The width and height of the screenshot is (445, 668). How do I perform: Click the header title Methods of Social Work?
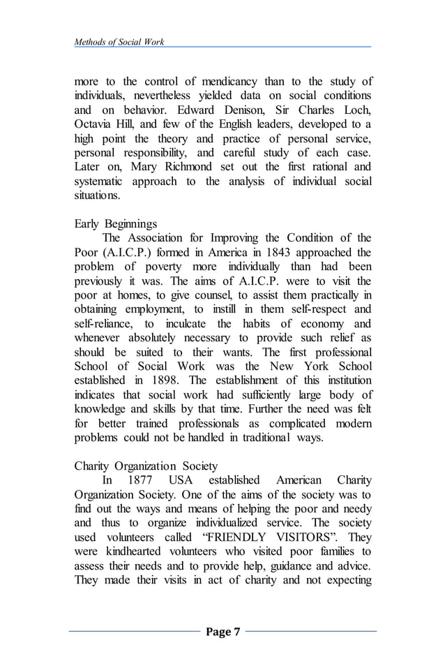119,42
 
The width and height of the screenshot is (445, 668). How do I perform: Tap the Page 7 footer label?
222,632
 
